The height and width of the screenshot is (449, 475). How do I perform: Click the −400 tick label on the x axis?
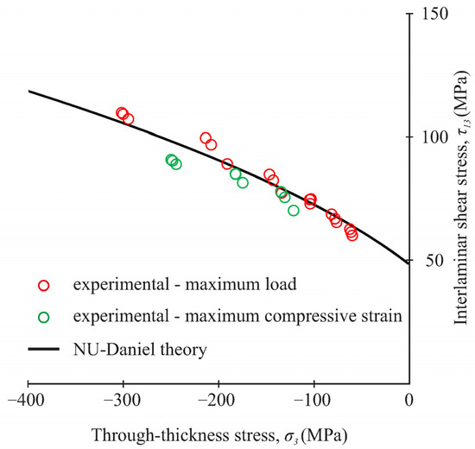[x=28, y=402]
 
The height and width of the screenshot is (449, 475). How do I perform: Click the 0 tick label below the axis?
[x=409, y=402]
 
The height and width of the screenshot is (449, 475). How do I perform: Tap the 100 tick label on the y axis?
[x=429, y=137]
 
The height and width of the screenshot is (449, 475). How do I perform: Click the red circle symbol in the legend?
[x=45, y=285]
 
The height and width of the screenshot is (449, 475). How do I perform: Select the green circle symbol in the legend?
[x=45, y=317]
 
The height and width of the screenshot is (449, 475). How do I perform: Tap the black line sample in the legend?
[x=45, y=349]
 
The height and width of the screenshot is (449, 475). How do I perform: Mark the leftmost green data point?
[x=172, y=160]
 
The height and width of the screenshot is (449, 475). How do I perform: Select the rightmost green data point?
[x=294, y=210]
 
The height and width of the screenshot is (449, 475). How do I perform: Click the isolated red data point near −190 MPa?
[x=227, y=164]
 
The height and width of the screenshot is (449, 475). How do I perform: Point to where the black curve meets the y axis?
[x=409, y=263]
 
